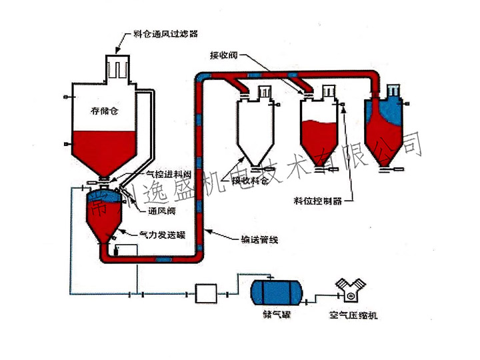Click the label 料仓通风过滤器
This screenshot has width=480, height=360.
coord(165,31)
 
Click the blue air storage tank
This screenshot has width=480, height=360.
coord(275,291)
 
